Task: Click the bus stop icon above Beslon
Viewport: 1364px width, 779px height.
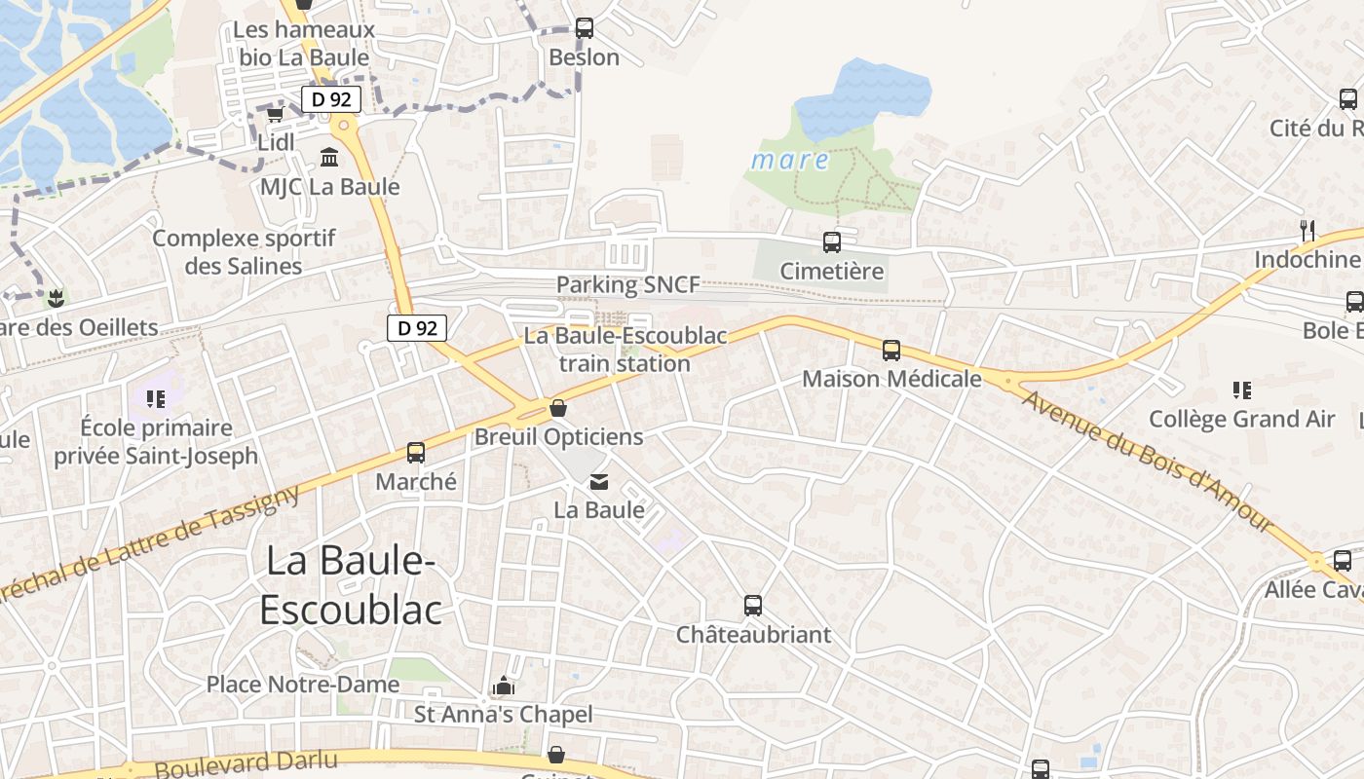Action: tap(584, 28)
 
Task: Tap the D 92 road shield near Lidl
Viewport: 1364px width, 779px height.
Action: tap(331, 98)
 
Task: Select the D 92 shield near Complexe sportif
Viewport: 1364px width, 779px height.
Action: tap(417, 328)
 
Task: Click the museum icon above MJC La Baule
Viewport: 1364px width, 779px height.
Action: tap(329, 157)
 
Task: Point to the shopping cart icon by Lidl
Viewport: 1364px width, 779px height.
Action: tap(275, 114)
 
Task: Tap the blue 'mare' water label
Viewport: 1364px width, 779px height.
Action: tap(790, 160)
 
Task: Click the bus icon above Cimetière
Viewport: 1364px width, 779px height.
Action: tap(831, 242)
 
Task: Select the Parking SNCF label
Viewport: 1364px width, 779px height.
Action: tap(627, 284)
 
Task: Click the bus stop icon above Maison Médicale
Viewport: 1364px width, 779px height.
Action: tap(890, 351)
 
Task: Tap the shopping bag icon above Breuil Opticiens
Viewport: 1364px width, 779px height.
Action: tap(558, 407)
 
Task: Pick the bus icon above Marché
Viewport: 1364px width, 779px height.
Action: tap(416, 453)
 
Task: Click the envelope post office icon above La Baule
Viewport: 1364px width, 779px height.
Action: tap(598, 481)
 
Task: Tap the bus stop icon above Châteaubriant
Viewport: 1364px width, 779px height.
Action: tap(753, 606)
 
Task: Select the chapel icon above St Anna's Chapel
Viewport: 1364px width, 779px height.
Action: tap(503, 686)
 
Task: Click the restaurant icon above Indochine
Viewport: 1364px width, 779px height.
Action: tap(1307, 231)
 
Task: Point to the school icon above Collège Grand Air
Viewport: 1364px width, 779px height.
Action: tap(1241, 390)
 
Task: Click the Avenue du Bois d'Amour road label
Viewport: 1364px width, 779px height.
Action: tap(1148, 460)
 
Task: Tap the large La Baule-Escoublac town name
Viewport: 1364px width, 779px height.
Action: tap(351, 584)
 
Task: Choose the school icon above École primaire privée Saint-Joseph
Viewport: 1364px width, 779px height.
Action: tap(155, 398)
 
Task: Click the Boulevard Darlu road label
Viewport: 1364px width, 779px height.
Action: tap(246, 763)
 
